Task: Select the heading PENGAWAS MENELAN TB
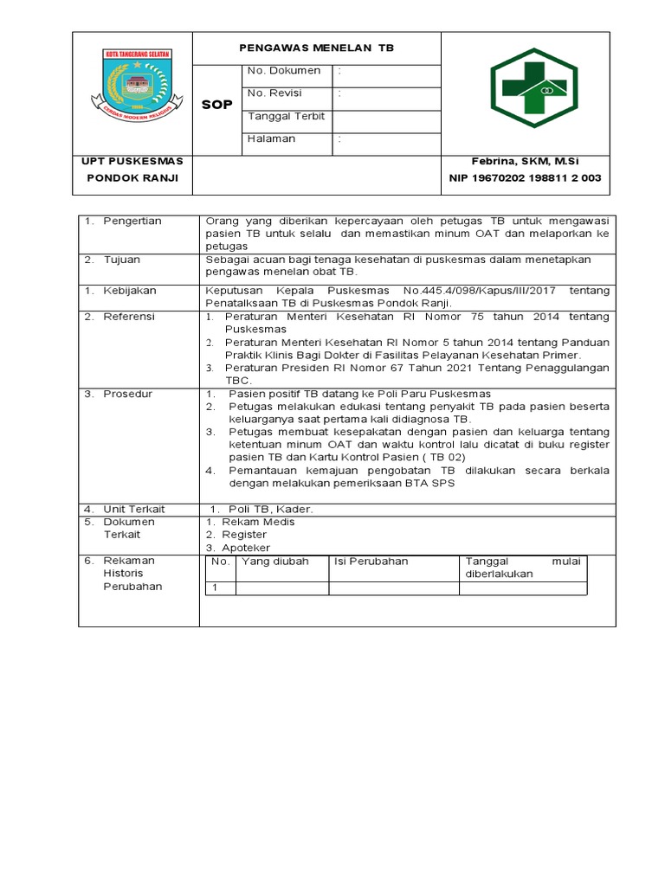click(317, 48)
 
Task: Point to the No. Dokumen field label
click(284, 71)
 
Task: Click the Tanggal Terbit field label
click(287, 116)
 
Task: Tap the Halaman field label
click(271, 138)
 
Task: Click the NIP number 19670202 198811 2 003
click(525, 178)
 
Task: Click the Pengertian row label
click(132, 221)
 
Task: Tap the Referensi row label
click(128, 318)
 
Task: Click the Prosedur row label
click(128, 394)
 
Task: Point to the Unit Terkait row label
click(134, 509)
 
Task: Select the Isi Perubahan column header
click(371, 562)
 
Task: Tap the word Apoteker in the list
click(246, 548)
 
